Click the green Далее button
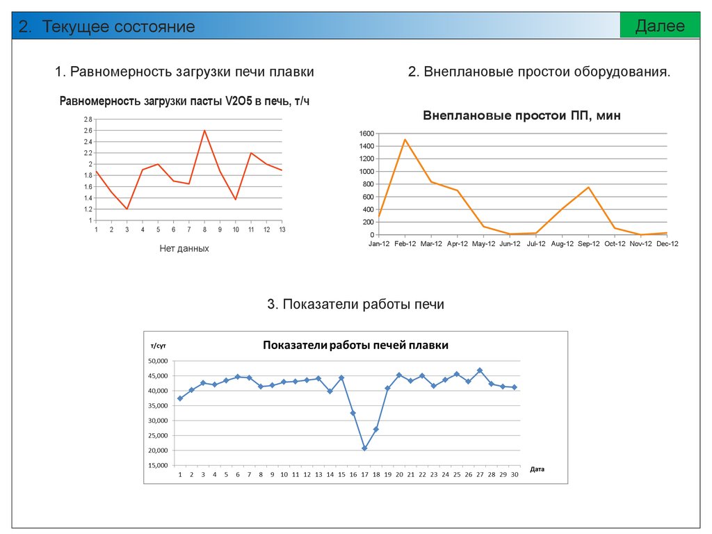(659, 26)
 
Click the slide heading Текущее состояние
(108, 27)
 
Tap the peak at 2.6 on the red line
(204, 131)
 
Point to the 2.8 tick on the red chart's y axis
(88, 120)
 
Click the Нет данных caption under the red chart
(184, 248)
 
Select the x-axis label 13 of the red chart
(282, 229)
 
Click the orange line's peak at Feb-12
(405, 140)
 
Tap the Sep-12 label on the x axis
(588, 244)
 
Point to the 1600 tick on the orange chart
(366, 133)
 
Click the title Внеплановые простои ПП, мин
(521, 116)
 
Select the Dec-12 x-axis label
(666, 244)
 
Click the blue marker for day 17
(364, 448)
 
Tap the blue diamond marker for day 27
(480, 371)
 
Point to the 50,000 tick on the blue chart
(158, 361)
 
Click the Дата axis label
(537, 469)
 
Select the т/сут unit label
(158, 346)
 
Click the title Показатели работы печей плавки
(355, 346)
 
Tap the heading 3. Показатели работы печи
(355, 304)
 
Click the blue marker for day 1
(180, 398)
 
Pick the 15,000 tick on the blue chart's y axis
(158, 465)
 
